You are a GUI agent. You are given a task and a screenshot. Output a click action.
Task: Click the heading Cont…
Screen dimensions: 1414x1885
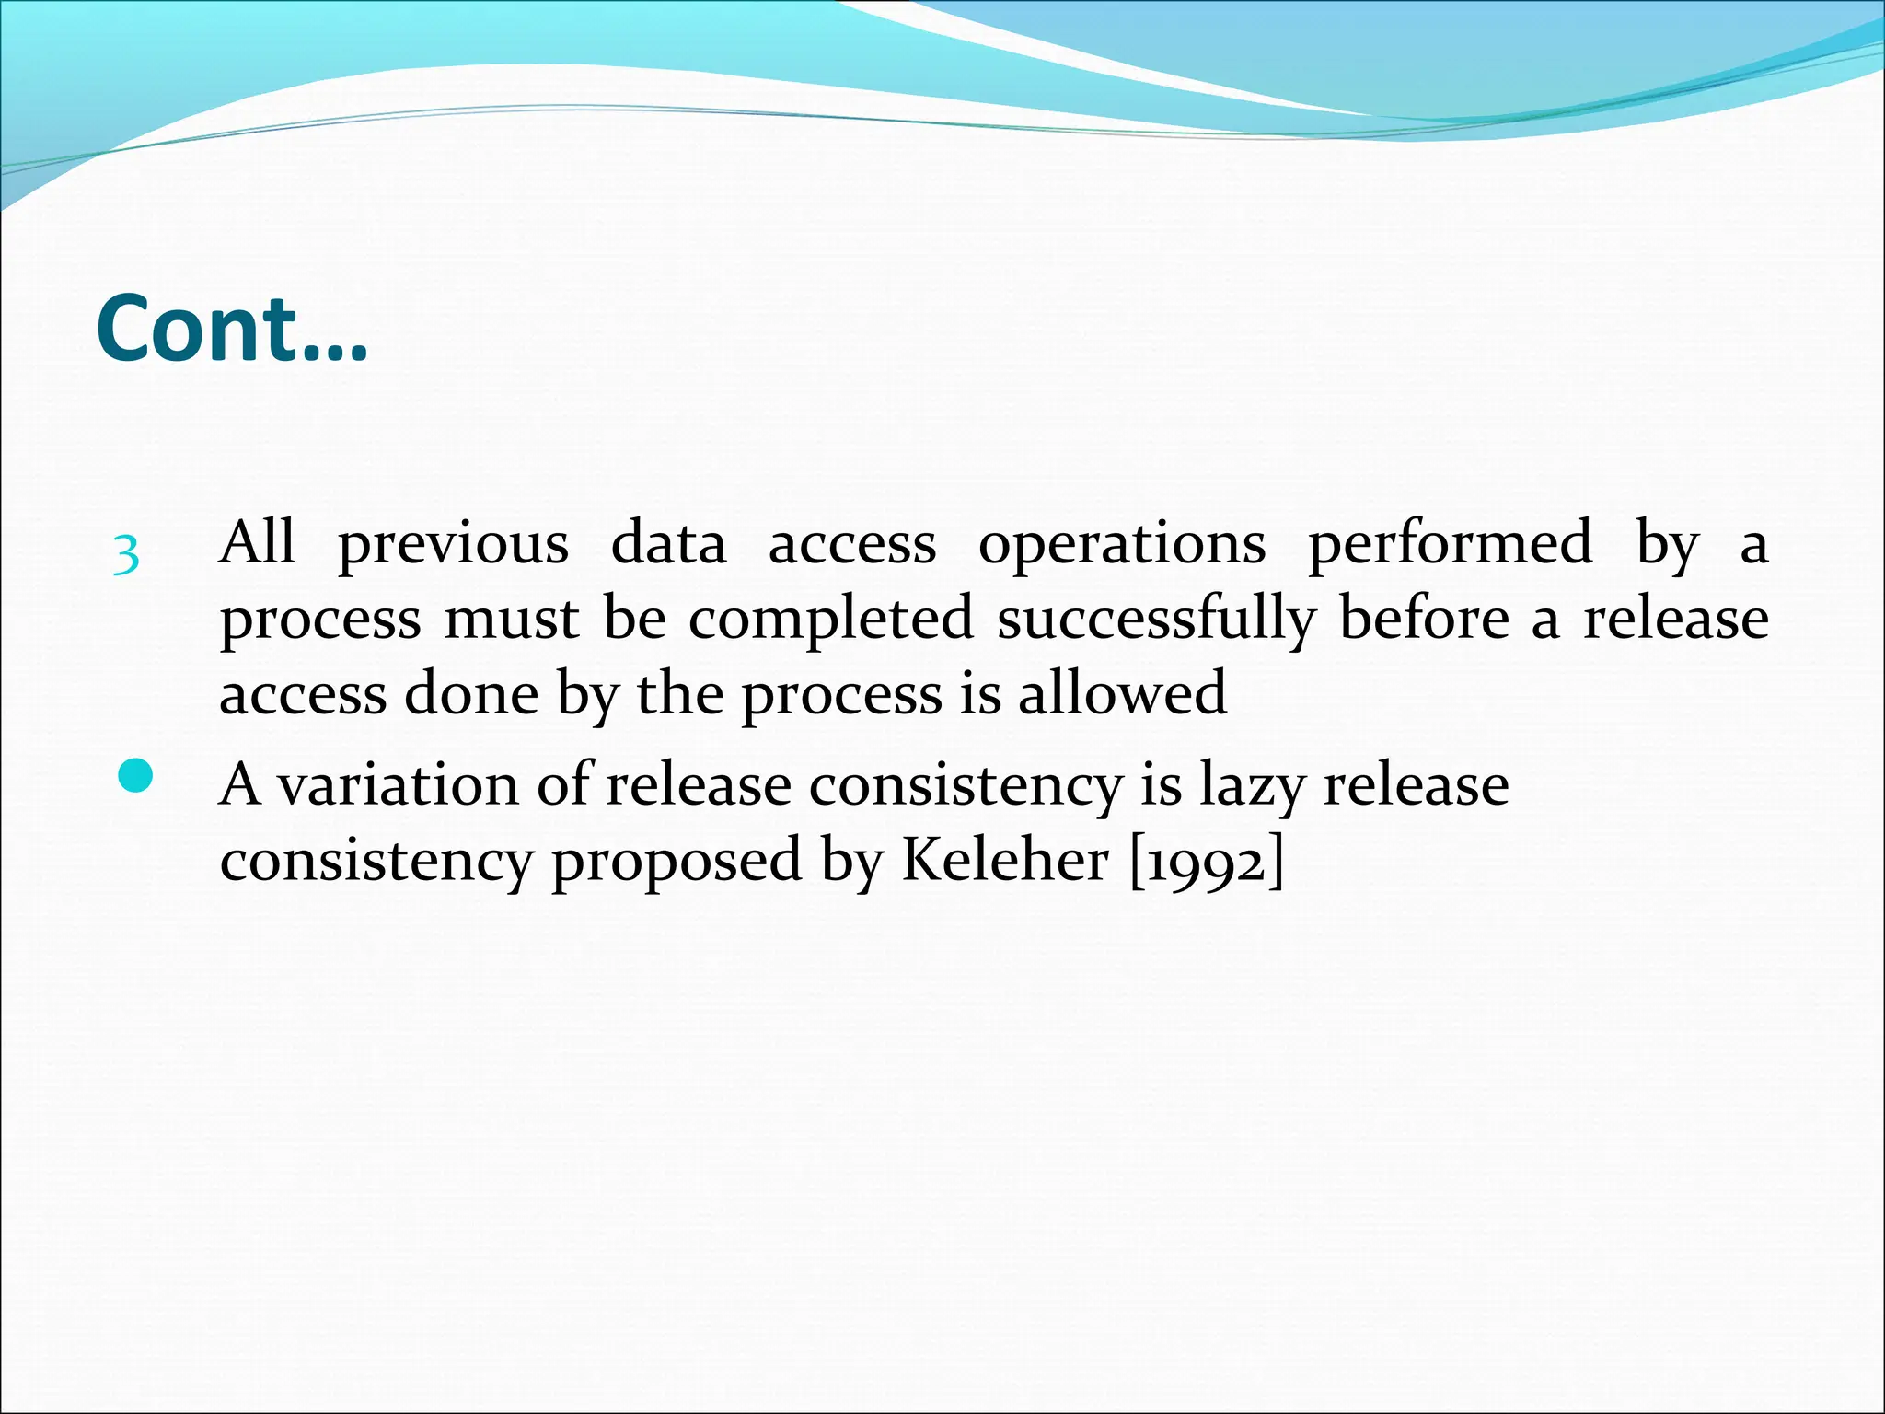pyautogui.click(x=231, y=329)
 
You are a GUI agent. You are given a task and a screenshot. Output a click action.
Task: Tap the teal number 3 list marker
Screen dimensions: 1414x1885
pyautogui.click(x=126, y=555)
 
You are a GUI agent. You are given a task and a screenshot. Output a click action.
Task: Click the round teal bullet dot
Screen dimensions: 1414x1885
pyautogui.click(x=135, y=776)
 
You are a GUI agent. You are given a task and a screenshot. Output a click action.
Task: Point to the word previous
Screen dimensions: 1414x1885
pyautogui.click(x=453, y=545)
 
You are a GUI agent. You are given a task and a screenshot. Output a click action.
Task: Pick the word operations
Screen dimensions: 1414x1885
pyautogui.click(x=1122, y=545)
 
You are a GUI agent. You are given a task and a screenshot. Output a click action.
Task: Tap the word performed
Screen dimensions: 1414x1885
pyautogui.click(x=1450, y=545)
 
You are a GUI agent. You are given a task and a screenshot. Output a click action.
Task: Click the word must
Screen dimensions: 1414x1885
pyautogui.click(x=512, y=619)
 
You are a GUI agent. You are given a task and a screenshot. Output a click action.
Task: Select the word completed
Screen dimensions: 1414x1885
pyautogui.click(x=830, y=620)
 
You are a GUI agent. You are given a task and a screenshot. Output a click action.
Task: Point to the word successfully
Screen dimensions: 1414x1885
pyautogui.click(x=1156, y=620)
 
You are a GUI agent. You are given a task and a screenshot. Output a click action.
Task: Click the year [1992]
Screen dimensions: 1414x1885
pyautogui.click(x=1206, y=862)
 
